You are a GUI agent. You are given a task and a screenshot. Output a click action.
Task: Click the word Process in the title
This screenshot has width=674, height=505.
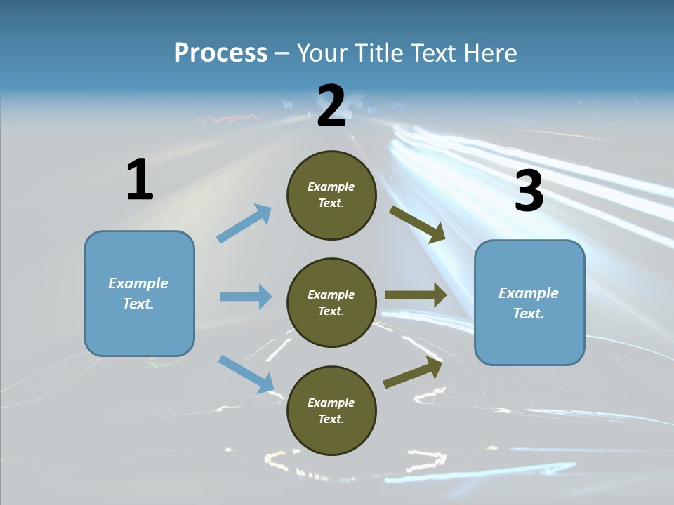(220, 53)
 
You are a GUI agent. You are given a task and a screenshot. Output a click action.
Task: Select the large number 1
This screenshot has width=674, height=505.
(140, 180)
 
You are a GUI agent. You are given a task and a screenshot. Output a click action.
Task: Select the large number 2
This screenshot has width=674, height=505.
(331, 106)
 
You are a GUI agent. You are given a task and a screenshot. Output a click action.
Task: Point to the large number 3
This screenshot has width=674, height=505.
(529, 191)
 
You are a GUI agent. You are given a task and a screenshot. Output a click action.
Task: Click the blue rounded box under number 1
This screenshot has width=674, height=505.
(139, 293)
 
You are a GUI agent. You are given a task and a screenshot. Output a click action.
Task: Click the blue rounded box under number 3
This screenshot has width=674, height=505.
(529, 302)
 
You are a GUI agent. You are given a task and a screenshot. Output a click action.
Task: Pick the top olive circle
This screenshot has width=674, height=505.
(331, 195)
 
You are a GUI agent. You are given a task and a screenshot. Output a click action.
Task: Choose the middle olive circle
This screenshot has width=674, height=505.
(331, 302)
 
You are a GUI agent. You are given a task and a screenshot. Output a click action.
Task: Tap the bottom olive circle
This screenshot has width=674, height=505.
(331, 410)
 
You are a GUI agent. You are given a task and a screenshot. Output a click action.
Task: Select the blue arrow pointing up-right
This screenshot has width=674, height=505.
(244, 223)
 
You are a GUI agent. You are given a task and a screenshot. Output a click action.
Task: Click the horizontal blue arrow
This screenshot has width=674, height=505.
(246, 297)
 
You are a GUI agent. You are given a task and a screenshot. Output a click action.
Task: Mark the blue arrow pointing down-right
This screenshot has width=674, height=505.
(246, 374)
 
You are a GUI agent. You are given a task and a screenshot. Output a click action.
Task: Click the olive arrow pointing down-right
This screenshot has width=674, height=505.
(418, 224)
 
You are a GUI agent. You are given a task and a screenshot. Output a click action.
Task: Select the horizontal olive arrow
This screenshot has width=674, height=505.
(415, 295)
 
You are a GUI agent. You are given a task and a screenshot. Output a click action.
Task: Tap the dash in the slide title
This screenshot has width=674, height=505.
(282, 53)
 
